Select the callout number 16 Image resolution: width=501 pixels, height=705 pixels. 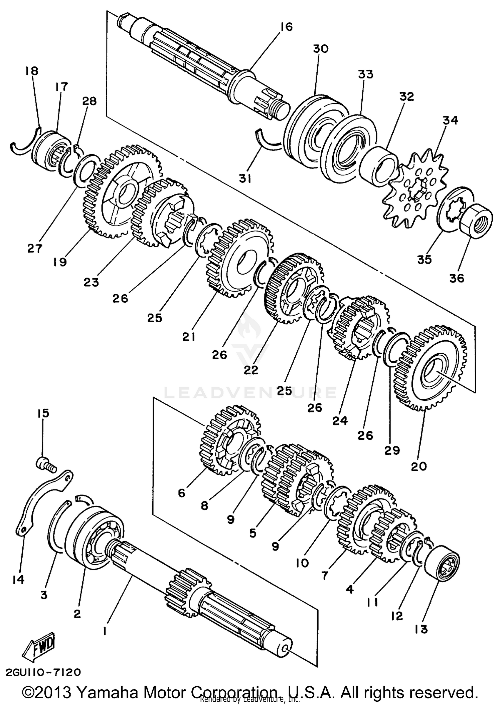286,27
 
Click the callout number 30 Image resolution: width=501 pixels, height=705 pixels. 320,49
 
